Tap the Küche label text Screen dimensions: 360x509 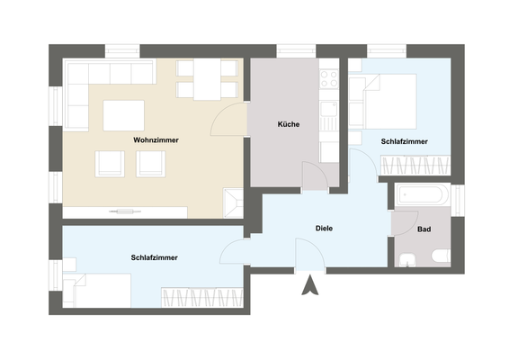[289, 124]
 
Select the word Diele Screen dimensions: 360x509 [325, 229]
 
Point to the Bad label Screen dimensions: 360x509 [424, 229]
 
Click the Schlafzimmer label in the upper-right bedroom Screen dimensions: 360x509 [404, 142]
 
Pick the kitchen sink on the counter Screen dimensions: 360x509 [328, 115]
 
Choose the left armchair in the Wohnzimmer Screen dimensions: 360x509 [111, 163]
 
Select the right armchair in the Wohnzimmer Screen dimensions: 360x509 [151, 163]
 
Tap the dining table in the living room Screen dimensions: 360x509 [210, 82]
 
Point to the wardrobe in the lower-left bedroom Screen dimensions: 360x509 [201, 298]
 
